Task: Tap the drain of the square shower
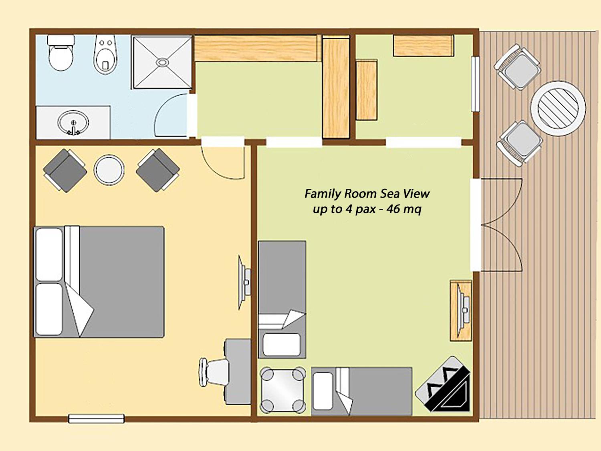coord(162,62)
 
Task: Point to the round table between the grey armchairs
coord(109,170)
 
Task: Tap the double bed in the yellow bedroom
coord(99,282)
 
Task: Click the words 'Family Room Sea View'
coord(367,194)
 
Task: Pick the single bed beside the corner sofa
coord(362,391)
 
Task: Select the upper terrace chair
coord(517,67)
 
